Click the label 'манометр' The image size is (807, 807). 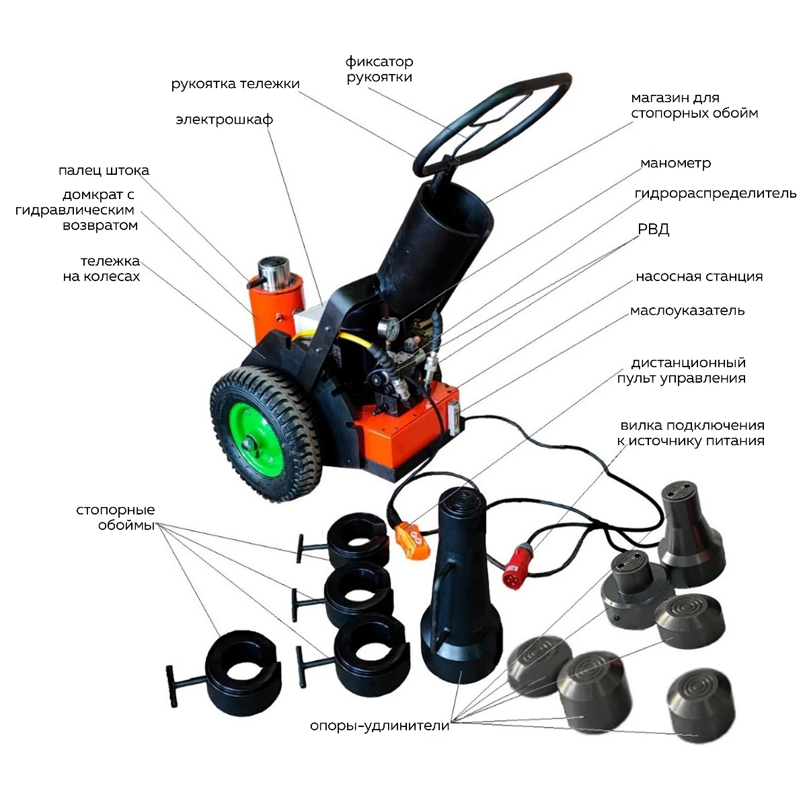(675, 163)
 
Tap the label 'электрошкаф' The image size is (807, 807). (225, 119)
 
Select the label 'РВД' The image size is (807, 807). (653, 229)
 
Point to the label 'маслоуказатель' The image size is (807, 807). (687, 311)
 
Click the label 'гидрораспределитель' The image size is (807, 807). (716, 194)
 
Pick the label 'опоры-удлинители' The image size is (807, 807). (379, 726)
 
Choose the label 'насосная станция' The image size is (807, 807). (699, 276)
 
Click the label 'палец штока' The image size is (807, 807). (104, 170)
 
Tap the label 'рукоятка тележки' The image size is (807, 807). (235, 84)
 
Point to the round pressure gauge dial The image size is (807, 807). (388, 327)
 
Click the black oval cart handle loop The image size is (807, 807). (492, 126)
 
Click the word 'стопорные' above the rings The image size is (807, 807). (116, 510)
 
